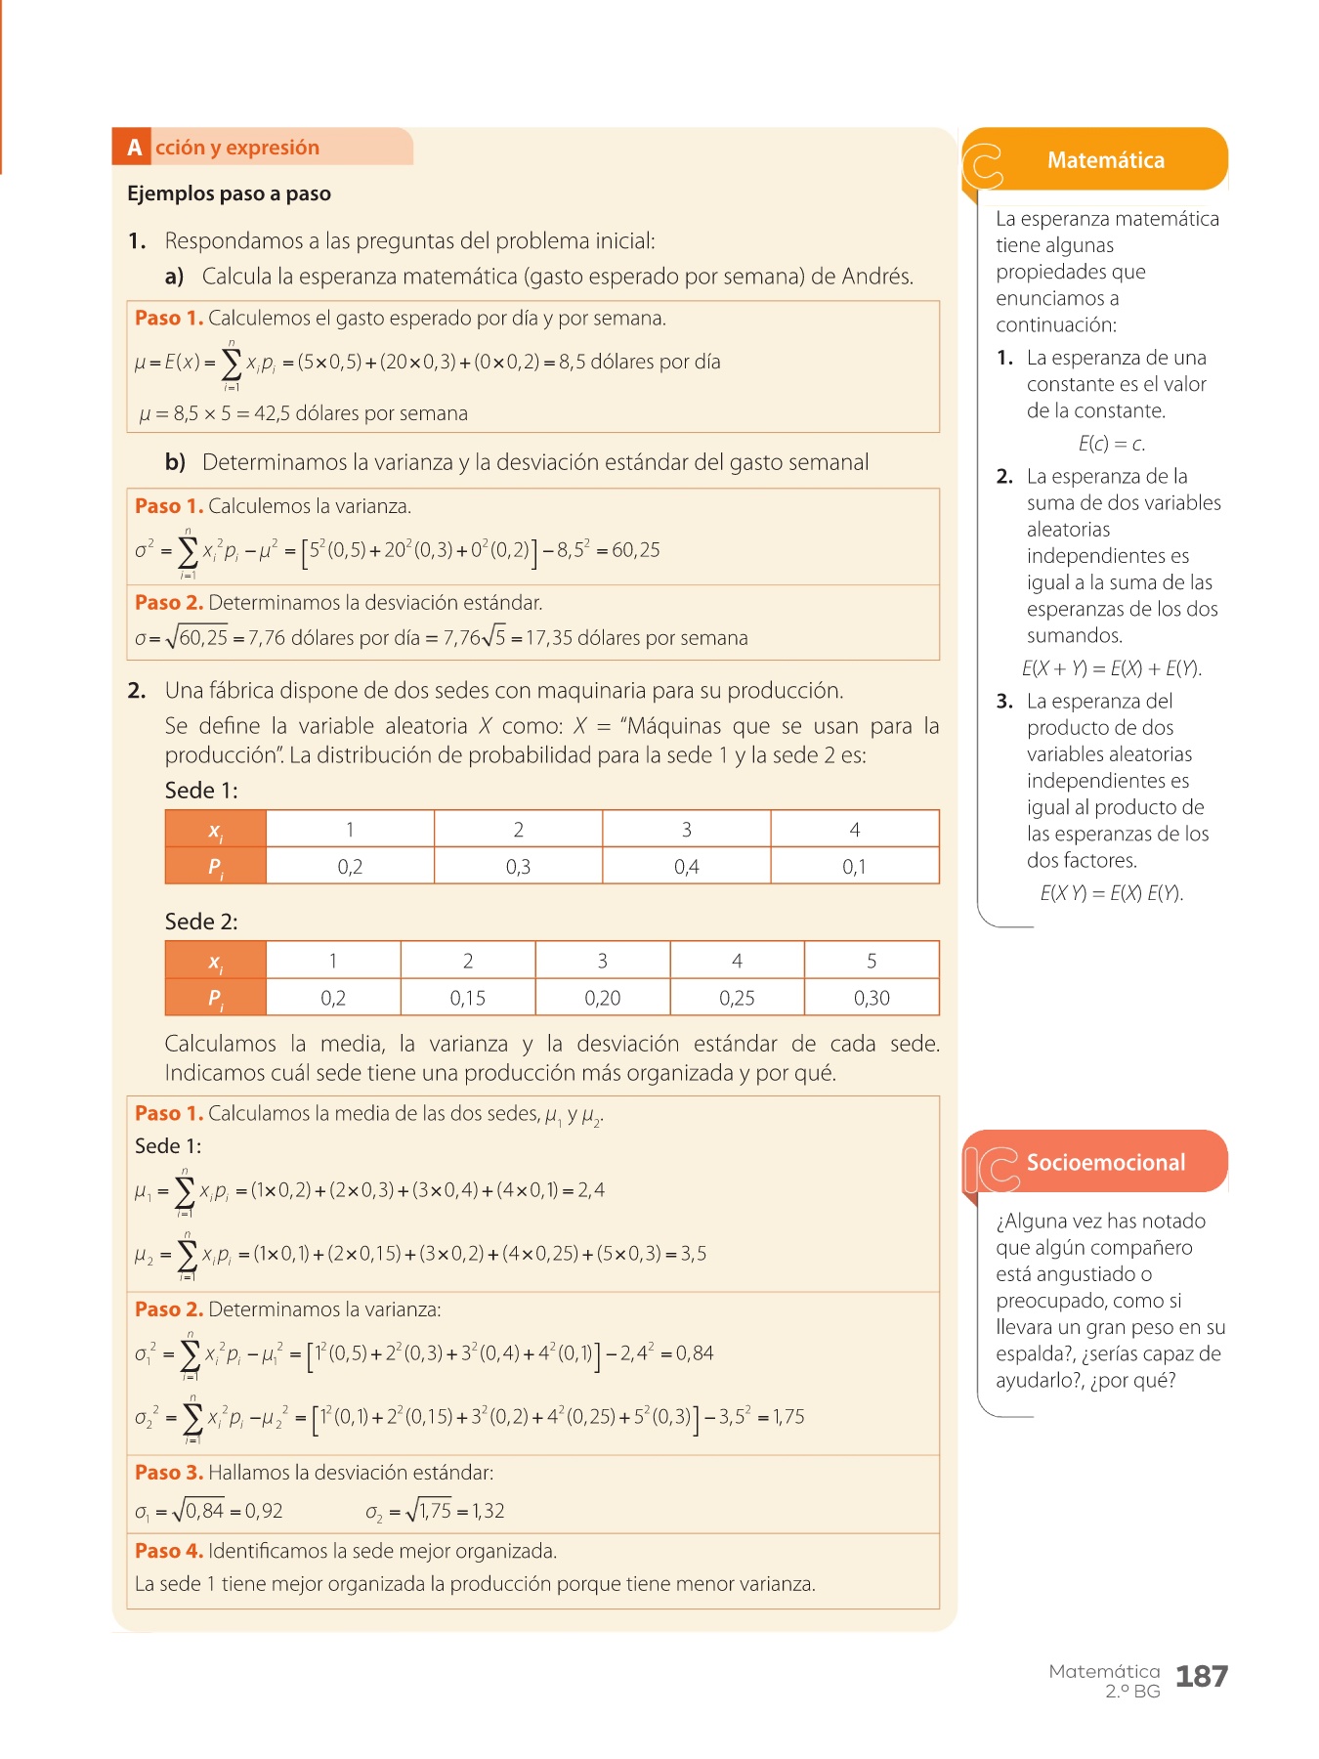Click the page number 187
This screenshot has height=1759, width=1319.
pos(1201,1677)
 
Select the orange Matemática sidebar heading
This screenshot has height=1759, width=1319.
pos(1105,160)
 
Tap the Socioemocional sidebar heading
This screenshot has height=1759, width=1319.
pos(1105,1162)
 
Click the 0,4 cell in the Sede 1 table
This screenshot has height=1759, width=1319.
pos(686,867)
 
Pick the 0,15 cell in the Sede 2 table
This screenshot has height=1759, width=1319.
pos(467,998)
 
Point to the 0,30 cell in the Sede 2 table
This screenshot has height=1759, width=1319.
pos(872,998)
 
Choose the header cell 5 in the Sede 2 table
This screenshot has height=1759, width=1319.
pos(872,961)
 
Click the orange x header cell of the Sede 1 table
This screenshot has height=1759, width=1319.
pos(216,830)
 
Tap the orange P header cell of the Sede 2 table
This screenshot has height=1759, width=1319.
pos(216,998)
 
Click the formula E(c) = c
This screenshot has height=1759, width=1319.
pos(1111,444)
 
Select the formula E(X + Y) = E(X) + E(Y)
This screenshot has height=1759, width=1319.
pos(1111,668)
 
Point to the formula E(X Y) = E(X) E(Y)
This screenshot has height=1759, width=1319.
pos(1111,893)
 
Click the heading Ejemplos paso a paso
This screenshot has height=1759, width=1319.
pos(229,193)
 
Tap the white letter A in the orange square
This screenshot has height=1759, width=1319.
pos(134,148)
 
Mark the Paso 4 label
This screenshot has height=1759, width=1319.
pos(169,1551)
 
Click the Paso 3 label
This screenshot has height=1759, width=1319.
pos(169,1473)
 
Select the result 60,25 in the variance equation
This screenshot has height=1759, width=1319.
pos(636,550)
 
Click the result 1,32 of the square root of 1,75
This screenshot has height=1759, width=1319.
pos(489,1511)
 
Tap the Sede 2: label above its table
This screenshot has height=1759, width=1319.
pos(201,922)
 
